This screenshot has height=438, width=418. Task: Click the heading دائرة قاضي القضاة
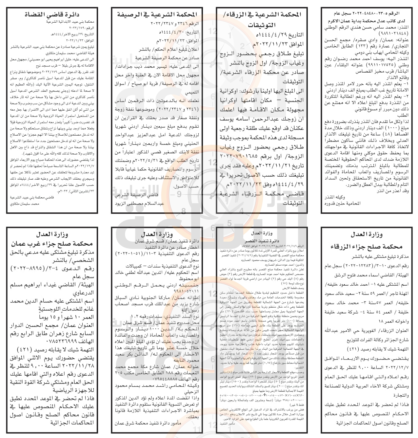pos(50,14)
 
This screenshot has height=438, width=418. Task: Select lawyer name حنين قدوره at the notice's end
pos(351,203)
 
